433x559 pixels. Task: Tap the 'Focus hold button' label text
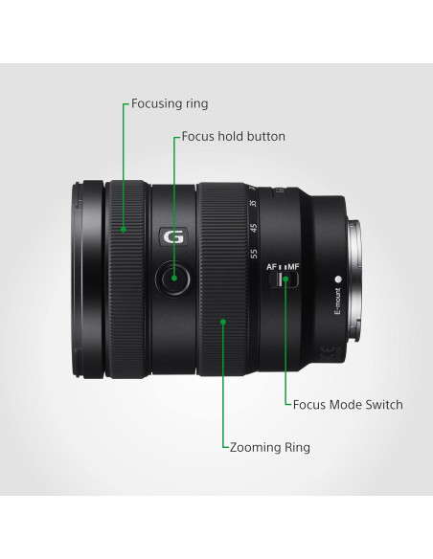click(233, 137)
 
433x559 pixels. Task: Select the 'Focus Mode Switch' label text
click(348, 405)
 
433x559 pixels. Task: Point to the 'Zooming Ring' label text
click(269, 447)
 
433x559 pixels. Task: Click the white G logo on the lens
click(172, 237)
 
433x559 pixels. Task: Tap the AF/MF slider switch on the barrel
click(285, 279)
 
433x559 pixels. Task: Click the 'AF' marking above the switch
click(272, 266)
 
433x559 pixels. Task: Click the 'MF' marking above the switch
click(292, 266)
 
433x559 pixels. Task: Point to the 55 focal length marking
click(254, 255)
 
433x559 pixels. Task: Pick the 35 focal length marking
click(254, 204)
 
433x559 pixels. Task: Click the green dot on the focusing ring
click(124, 229)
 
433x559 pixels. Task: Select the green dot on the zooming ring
click(223, 322)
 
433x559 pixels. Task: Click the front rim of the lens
click(80, 277)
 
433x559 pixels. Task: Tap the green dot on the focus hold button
click(173, 279)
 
